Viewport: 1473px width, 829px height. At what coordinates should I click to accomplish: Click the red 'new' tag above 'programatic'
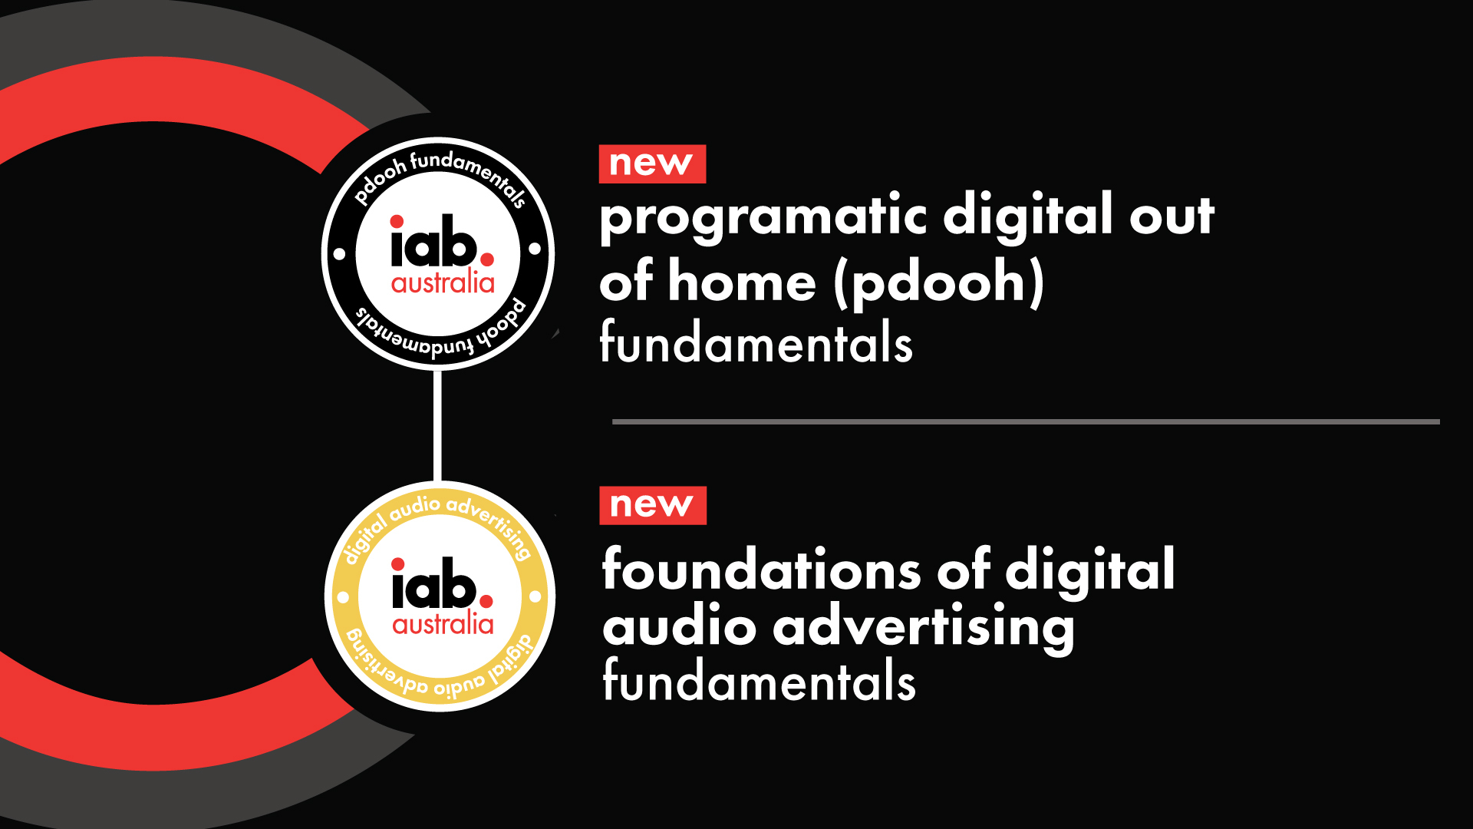652,163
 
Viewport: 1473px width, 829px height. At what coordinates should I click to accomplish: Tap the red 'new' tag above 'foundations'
653,505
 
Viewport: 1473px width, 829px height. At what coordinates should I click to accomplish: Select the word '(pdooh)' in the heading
939,283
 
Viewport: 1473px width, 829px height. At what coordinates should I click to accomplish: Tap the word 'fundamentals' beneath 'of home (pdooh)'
756,342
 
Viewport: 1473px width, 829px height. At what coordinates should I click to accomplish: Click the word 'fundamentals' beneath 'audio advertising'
759,679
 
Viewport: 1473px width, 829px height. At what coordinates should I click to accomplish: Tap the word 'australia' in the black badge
443,282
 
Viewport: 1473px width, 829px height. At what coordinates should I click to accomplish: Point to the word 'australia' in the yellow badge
443,623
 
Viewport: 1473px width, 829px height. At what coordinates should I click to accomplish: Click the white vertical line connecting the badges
437,425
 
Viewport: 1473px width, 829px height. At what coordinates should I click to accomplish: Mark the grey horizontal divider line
1026,421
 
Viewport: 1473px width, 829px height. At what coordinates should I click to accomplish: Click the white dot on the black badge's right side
535,249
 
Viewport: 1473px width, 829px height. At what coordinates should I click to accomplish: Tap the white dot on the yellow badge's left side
343,596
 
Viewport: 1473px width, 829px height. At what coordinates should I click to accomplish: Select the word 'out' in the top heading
1171,216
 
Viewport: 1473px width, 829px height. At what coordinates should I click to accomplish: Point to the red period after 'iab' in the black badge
487,259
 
